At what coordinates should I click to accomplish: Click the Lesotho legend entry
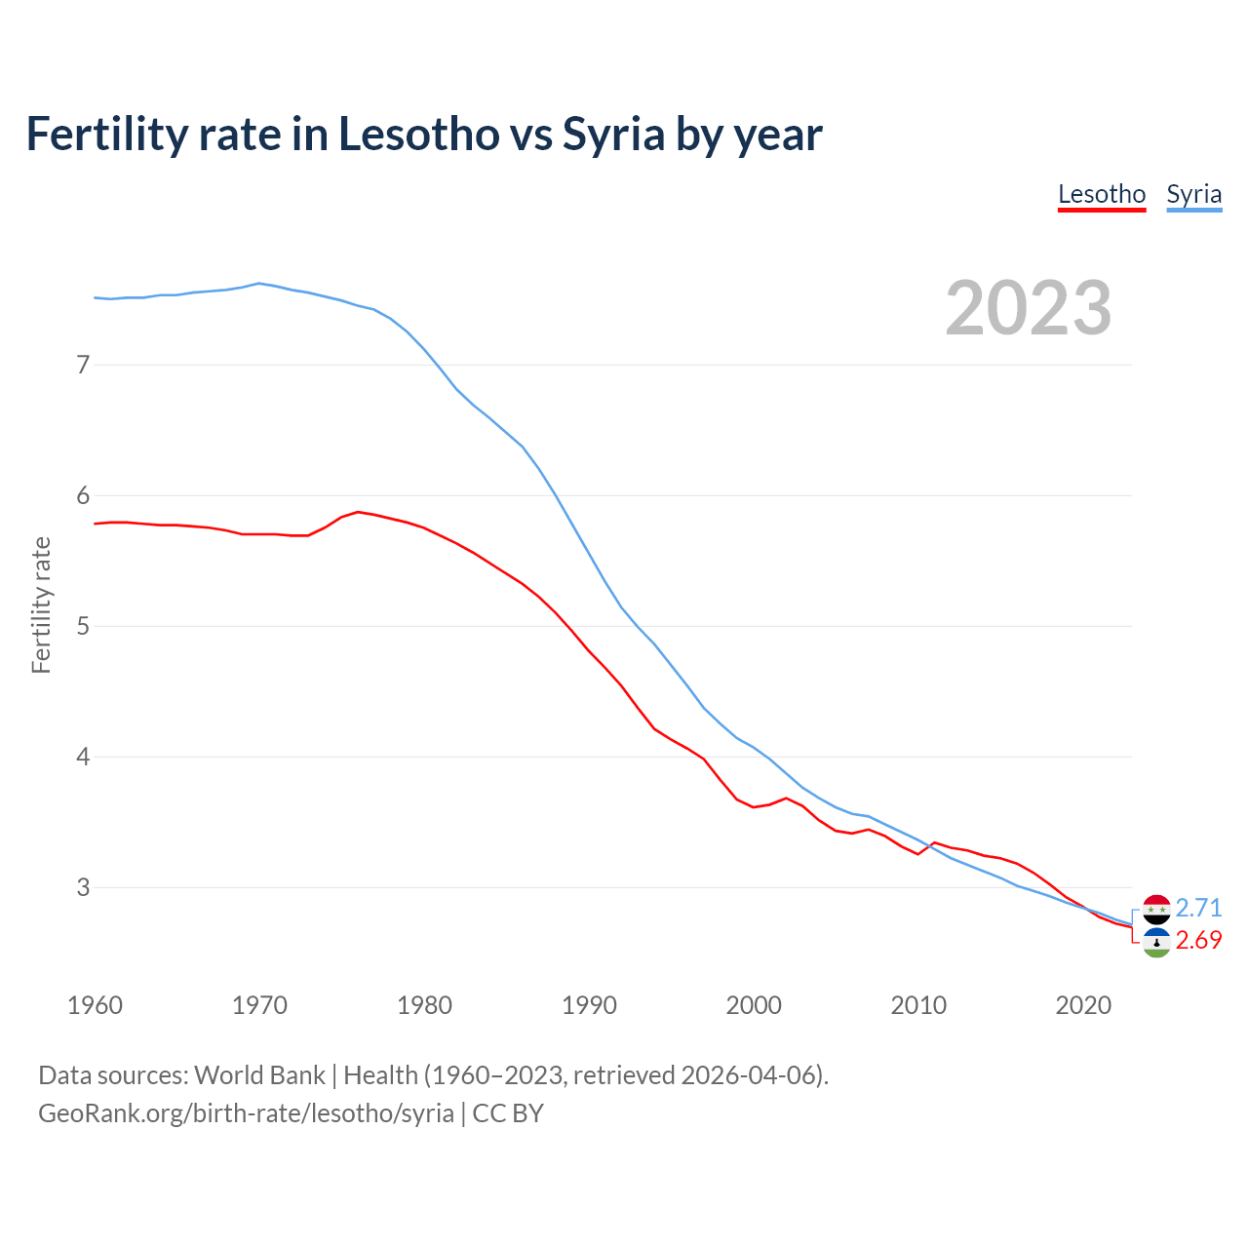point(1102,194)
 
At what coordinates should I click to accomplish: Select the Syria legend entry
point(1193,194)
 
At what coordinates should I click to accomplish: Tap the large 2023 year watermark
point(1028,308)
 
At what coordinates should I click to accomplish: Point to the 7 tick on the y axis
point(83,365)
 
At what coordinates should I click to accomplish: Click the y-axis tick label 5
point(83,626)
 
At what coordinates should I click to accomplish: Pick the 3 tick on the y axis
point(83,887)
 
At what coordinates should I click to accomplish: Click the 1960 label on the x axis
point(95,1005)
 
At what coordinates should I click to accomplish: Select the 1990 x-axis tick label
point(589,1005)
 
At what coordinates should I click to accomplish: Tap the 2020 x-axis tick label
point(1083,1005)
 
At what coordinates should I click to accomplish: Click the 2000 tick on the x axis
point(754,1005)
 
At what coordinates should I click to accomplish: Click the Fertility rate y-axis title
point(41,604)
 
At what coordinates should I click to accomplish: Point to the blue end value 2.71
point(1198,908)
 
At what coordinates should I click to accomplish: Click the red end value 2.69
point(1198,940)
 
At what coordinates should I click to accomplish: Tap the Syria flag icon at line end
point(1156,910)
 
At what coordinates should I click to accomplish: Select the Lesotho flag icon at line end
point(1156,943)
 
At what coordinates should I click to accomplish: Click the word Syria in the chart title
point(613,134)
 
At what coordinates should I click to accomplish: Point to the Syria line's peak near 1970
point(258,284)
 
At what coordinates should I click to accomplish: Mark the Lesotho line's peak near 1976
point(358,512)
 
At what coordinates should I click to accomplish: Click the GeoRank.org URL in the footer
point(246,1113)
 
